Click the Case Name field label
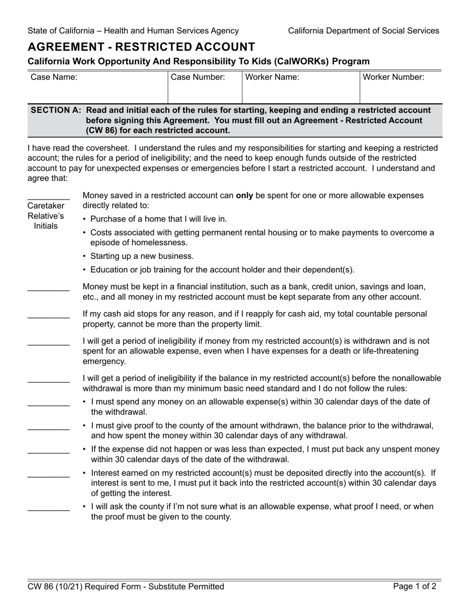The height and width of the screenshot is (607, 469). coord(54,77)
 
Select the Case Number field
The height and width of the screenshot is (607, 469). coord(205,93)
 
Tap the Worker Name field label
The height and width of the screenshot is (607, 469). coord(272,77)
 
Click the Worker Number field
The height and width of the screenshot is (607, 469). coord(400,93)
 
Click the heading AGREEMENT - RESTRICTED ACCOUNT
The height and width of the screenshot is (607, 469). coord(141,47)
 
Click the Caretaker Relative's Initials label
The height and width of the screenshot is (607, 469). coord(46,215)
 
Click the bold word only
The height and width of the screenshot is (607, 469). coord(244,195)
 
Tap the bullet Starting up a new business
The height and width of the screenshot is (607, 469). coord(142,256)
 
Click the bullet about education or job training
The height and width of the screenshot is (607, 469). coord(222,269)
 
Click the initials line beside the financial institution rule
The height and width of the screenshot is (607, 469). coord(48,290)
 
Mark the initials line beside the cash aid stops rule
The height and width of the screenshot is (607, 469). coord(48,317)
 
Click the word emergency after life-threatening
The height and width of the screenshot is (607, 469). coord(104,361)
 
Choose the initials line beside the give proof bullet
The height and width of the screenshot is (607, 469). coord(48,429)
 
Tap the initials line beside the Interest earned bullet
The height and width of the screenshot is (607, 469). coord(48,476)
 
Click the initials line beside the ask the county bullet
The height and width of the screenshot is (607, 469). coord(48,509)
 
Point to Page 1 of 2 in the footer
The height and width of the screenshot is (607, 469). coord(415,587)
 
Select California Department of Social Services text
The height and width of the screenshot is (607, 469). coord(363,31)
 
